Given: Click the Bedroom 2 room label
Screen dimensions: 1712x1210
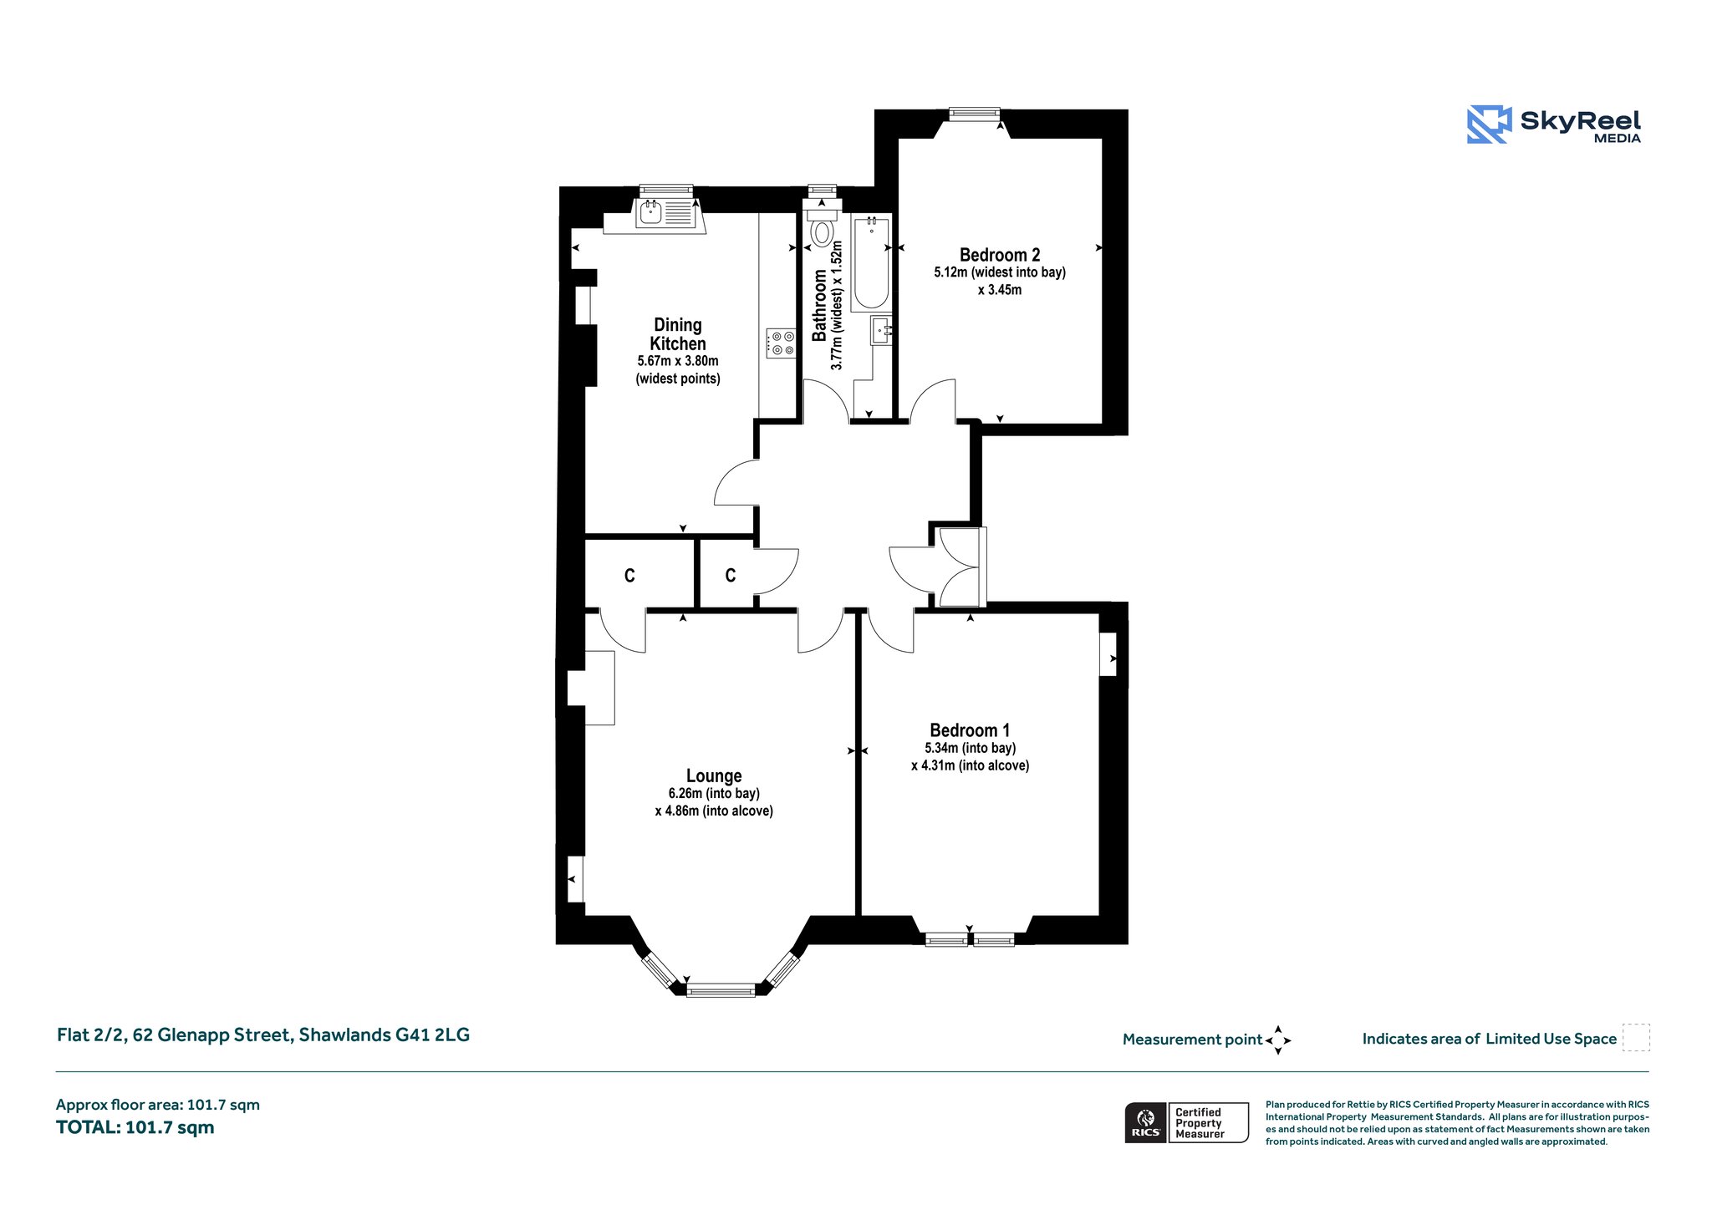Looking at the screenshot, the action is coord(1000,255).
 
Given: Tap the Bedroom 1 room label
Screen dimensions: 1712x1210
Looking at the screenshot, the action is coord(970,730).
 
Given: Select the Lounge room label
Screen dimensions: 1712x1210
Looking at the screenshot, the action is coord(714,776).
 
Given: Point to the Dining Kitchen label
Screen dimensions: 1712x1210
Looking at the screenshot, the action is coord(678,334).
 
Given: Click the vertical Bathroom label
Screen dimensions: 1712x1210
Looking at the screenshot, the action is coord(819,305).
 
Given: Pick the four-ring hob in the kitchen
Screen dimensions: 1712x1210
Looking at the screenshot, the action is coord(781,343).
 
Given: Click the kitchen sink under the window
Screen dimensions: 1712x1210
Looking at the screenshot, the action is coord(650,213).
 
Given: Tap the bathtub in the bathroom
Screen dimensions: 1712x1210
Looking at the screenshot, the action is coord(871,263).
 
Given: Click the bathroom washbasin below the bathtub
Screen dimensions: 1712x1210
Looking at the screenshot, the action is coord(881,330).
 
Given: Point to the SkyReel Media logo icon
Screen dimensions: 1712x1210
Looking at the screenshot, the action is coord(1489,125).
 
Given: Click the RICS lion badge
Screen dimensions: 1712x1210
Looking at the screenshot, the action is coord(1145,1122).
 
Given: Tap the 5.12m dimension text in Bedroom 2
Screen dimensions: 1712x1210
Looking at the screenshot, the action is coord(950,272).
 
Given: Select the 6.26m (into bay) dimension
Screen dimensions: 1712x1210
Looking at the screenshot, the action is coord(714,794).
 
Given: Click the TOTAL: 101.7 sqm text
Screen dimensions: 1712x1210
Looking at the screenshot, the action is coord(135,1127).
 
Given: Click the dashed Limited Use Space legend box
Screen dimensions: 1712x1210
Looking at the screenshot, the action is coord(1636,1037).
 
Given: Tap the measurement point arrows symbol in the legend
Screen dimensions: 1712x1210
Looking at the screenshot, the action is coord(1278,1040).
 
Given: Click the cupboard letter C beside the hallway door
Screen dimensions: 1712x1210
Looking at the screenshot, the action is coord(731,575).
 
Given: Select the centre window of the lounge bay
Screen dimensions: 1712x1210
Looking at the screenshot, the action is coord(721,990).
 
